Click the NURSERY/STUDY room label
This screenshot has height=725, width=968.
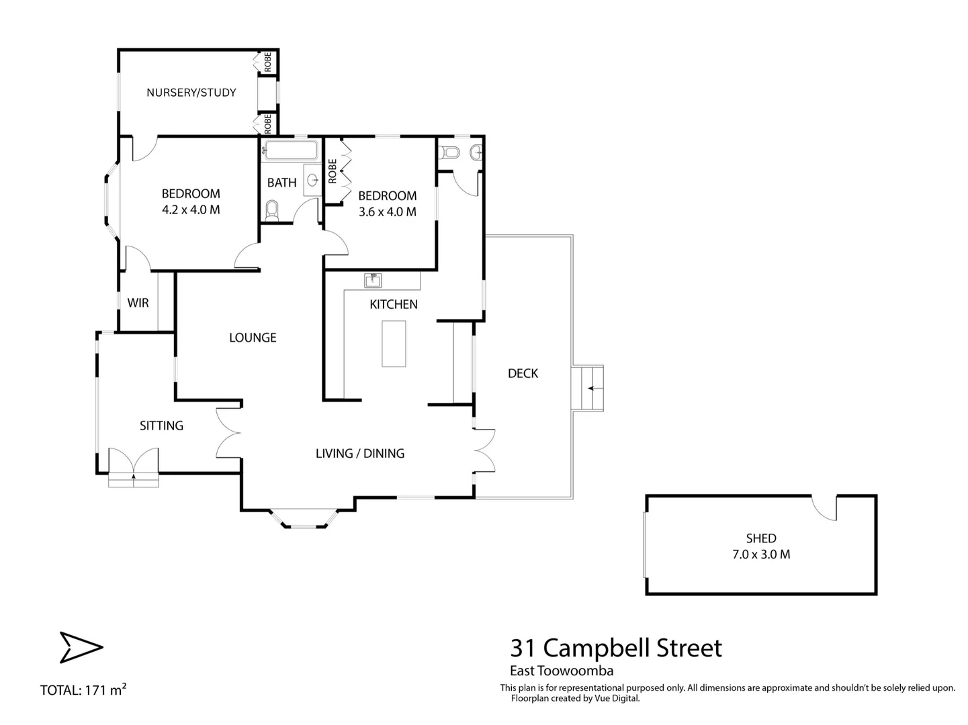[191, 93]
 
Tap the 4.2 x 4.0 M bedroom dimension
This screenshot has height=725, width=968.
[191, 209]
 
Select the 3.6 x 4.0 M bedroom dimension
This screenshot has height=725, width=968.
[387, 211]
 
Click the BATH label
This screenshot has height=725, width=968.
[281, 183]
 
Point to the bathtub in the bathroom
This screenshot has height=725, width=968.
[291, 150]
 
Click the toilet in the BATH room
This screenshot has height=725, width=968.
[272, 210]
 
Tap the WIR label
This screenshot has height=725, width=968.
[138, 303]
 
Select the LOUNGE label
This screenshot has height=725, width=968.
[253, 338]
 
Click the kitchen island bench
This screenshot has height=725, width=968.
[394, 344]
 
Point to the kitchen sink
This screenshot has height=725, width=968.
[372, 279]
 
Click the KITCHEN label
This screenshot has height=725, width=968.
[394, 304]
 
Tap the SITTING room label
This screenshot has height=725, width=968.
[161, 426]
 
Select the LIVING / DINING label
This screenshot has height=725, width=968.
[360, 454]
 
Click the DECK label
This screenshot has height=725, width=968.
[523, 373]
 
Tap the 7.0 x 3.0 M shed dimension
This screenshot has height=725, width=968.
[761, 554]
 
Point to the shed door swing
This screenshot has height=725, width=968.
[824, 507]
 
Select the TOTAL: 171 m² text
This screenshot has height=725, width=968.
[83, 689]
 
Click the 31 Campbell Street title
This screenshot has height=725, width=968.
[616, 648]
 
